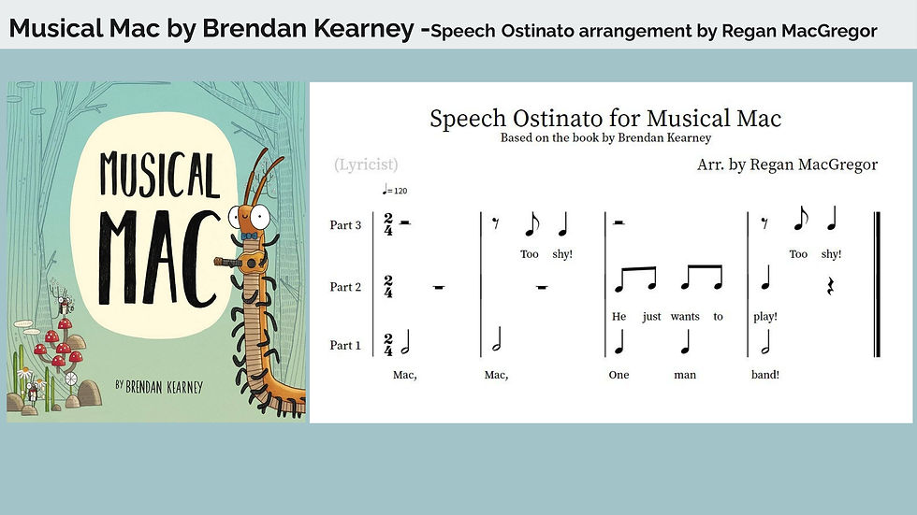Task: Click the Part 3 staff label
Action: coord(345,225)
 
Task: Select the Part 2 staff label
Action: coord(345,287)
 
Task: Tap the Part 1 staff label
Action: coord(345,345)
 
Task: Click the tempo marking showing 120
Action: coord(395,190)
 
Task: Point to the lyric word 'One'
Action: coord(619,375)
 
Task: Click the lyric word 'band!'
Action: coord(765,375)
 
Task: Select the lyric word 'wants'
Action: coord(685,317)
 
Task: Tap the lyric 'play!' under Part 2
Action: coord(765,317)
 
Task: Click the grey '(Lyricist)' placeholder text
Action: coord(366,165)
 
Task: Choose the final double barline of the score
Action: coord(877,284)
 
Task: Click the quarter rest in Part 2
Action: coord(830,286)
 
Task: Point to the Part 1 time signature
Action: coord(388,345)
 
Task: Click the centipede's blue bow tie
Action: coord(250,236)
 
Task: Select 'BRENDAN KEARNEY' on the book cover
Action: coord(165,387)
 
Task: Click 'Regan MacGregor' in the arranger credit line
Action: coord(813,165)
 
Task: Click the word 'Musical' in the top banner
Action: coord(55,28)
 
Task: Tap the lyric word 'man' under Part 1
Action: coord(685,375)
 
